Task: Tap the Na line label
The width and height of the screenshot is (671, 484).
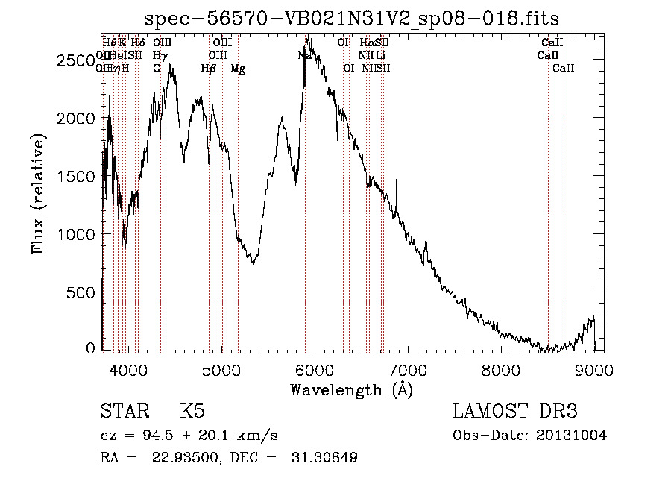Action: tap(304, 56)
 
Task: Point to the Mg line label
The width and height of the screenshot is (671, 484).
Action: tap(238, 69)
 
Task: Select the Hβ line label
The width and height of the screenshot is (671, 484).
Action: tap(208, 69)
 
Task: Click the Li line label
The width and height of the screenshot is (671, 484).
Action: tap(381, 56)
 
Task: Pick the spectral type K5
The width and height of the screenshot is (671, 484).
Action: tap(192, 412)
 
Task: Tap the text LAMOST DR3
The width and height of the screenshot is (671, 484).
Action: tap(515, 412)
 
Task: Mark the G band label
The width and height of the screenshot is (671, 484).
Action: tap(157, 69)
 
